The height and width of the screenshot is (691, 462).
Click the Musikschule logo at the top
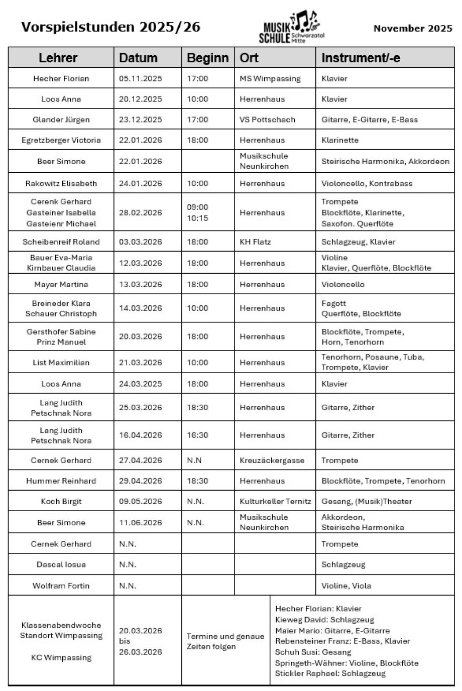click(292, 28)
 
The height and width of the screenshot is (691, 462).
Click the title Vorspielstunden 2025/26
click(110, 27)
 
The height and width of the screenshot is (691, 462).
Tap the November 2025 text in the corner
click(413, 29)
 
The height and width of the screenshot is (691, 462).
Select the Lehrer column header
click(58, 58)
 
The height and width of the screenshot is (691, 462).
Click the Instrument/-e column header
click(361, 58)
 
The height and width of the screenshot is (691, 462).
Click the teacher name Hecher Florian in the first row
click(61, 78)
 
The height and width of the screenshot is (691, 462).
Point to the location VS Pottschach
click(267, 120)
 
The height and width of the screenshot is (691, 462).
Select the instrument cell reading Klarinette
click(340, 140)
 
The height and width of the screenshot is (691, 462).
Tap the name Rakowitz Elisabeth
click(61, 183)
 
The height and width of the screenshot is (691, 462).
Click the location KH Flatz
click(255, 242)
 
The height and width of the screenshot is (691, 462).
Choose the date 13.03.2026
click(141, 284)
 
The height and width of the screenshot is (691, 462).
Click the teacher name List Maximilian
click(61, 362)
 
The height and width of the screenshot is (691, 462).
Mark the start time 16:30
click(197, 435)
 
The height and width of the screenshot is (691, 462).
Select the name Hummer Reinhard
click(61, 481)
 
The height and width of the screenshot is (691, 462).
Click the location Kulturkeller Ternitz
click(275, 501)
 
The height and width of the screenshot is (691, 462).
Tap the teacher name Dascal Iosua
click(61, 564)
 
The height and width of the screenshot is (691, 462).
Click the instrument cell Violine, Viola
click(346, 586)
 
